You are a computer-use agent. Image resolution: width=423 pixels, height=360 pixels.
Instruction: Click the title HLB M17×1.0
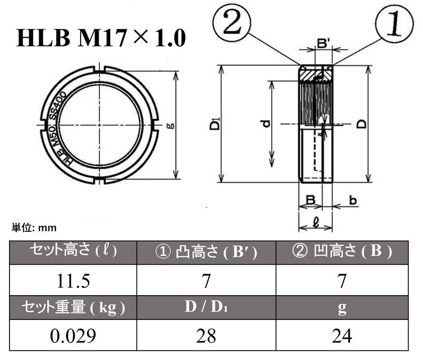coord(101,38)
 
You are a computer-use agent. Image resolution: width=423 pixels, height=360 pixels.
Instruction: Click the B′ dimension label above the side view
coord(324,44)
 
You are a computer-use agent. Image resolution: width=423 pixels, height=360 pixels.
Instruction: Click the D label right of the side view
coord(362,124)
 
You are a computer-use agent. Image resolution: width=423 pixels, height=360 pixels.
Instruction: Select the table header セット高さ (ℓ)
coord(73,252)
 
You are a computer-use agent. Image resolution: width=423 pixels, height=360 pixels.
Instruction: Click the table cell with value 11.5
coord(73,281)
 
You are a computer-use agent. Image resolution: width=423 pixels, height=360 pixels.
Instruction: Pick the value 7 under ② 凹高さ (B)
coord(342,281)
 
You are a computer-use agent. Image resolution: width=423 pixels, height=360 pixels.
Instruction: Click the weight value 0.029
coord(73,336)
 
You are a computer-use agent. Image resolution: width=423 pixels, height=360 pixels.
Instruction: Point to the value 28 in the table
coord(206,336)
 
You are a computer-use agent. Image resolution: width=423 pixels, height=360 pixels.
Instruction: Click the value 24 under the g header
coord(342,336)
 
